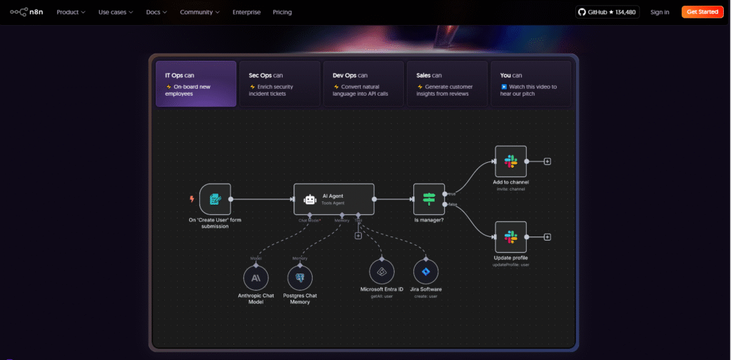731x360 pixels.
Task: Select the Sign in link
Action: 660,12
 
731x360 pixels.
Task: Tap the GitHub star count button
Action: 608,12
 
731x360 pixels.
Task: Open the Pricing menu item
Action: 282,12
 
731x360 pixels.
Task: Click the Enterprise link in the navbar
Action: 246,12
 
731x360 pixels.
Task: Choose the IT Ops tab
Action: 196,84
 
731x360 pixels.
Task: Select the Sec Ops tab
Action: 279,84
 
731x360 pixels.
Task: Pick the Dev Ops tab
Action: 363,84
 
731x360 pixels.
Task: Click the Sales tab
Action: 447,84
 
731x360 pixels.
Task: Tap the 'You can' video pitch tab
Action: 530,84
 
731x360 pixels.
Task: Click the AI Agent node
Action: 333,199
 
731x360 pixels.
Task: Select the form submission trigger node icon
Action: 214,199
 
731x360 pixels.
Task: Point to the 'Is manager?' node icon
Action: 428,199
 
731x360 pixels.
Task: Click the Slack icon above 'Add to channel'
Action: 510,161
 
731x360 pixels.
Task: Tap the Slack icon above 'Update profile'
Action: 510,236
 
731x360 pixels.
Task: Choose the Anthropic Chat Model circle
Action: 256,277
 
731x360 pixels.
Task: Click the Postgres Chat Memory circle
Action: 300,277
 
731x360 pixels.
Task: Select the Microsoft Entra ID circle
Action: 382,271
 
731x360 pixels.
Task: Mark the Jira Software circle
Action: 425,271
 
